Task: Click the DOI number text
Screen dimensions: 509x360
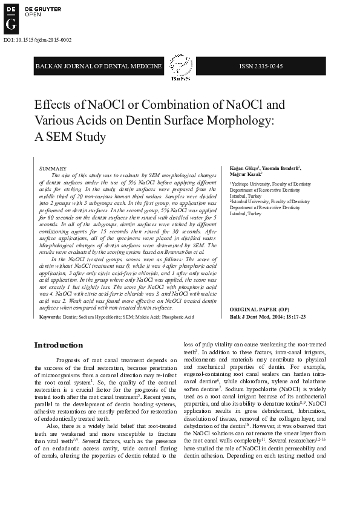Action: [38, 40]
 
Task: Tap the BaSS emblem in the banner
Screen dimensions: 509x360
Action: [180, 66]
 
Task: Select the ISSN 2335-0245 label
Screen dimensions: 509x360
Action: [261, 66]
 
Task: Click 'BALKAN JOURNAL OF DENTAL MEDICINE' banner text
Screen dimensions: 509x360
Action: [99, 66]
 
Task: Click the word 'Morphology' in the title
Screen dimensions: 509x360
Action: [244, 120]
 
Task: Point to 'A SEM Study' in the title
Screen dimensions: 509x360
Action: [70, 137]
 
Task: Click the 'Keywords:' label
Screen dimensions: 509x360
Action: [50, 316]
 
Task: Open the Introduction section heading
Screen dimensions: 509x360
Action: [59, 345]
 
